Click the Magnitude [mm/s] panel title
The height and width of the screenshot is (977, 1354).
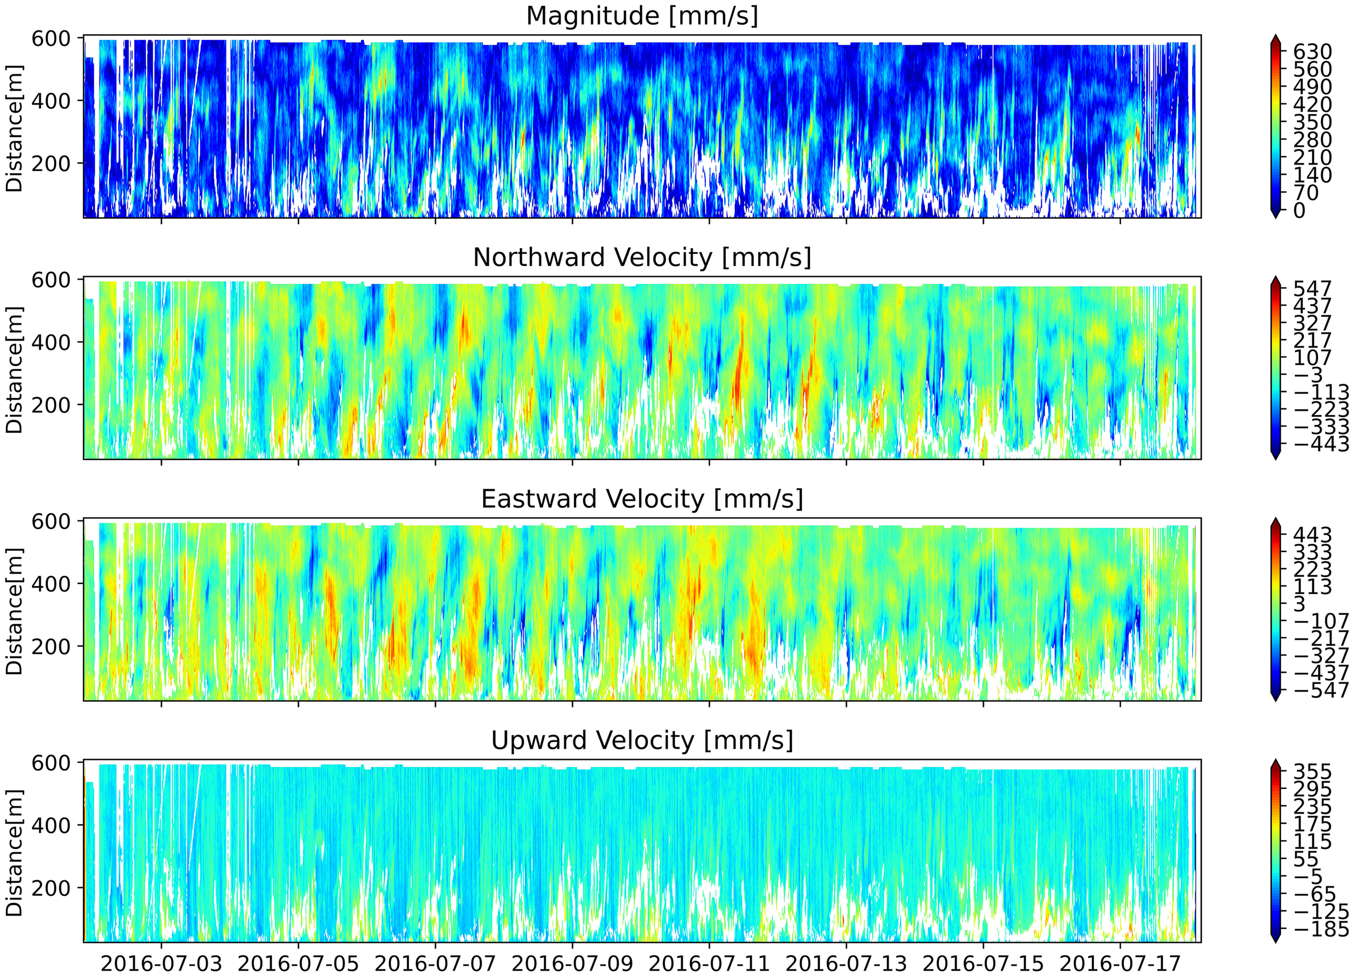click(642, 16)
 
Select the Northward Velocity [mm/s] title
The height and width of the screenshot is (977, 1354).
click(642, 258)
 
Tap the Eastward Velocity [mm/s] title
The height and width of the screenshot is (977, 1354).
click(642, 499)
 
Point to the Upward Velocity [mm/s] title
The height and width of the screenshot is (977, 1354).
click(642, 741)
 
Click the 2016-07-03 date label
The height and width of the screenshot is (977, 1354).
click(161, 963)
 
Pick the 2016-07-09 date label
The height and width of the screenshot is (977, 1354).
click(572, 963)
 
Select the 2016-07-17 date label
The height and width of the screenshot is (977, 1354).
click(1120, 963)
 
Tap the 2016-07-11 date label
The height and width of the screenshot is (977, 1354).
click(709, 963)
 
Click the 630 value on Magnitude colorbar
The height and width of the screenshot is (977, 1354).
click(1312, 52)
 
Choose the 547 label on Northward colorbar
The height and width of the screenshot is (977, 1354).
click(1312, 289)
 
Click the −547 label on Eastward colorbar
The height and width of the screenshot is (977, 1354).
click(1319, 690)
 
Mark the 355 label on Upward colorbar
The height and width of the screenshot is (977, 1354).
click(1312, 771)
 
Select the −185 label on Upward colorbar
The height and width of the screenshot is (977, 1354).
click(1319, 929)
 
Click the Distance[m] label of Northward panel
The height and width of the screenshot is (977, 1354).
click(14, 369)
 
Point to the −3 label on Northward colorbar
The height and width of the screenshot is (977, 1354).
click(1308, 375)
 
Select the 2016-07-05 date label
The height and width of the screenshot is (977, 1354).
click(298, 963)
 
